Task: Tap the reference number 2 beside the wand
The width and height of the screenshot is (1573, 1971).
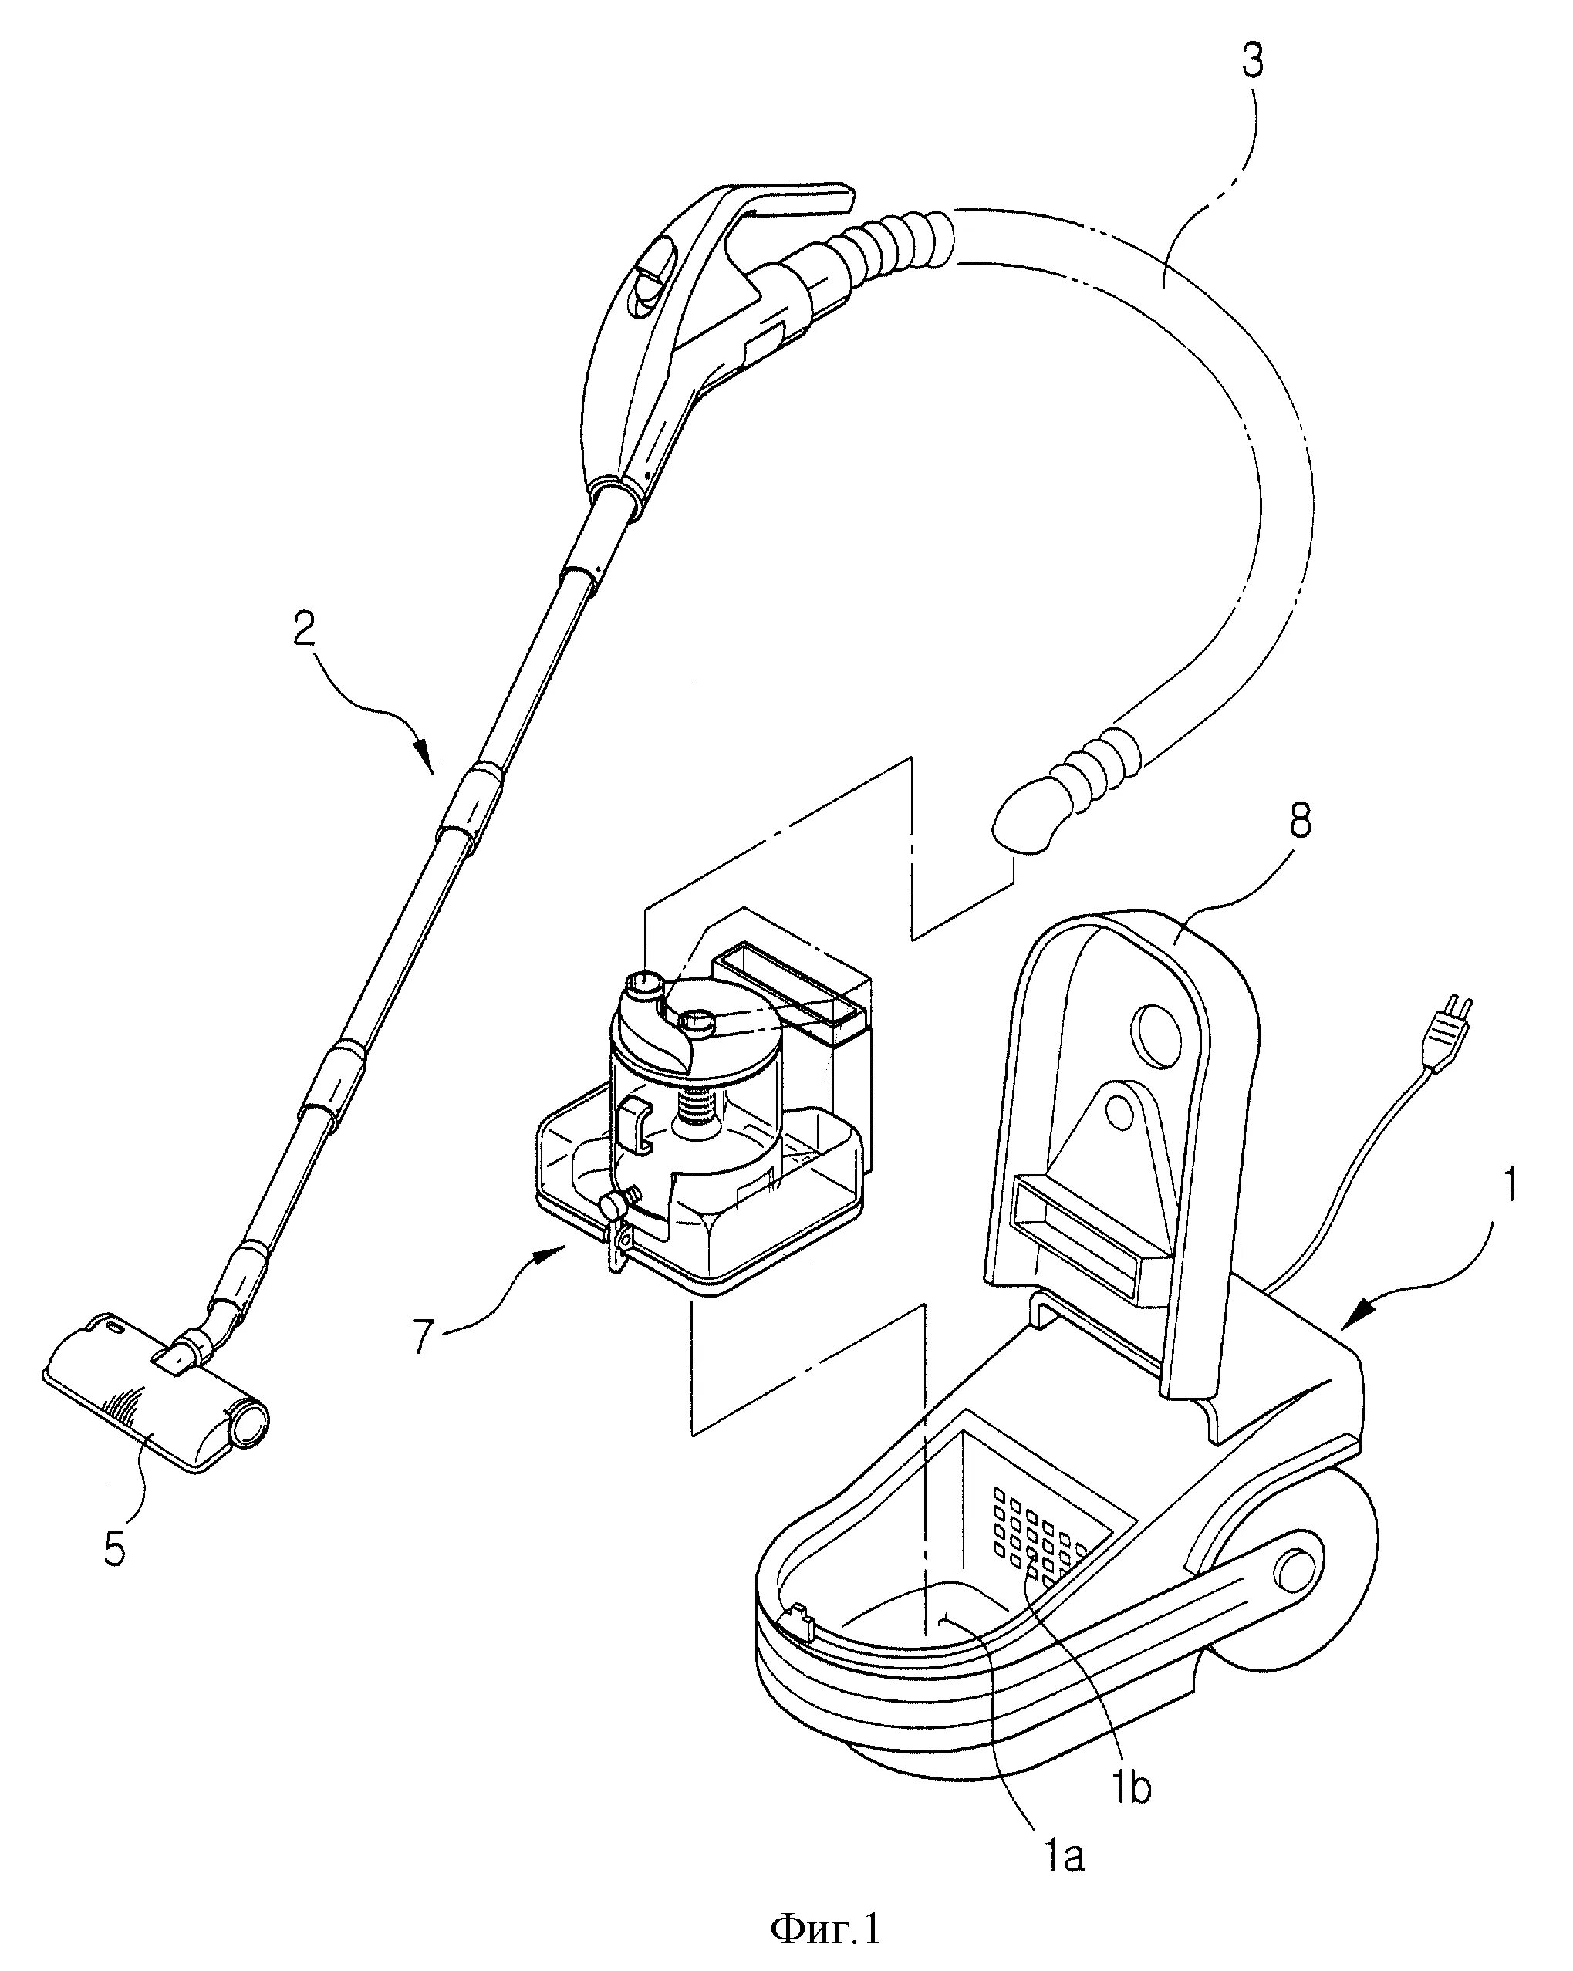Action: coord(305,629)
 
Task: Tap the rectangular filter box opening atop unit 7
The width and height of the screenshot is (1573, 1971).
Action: coord(788,988)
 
